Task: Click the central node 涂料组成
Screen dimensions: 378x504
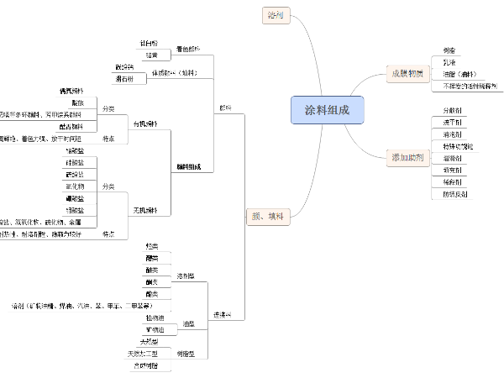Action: (x=328, y=110)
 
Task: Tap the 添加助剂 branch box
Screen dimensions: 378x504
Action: (x=407, y=157)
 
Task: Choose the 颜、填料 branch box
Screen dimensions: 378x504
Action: (x=267, y=215)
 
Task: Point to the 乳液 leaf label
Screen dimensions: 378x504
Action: (x=449, y=62)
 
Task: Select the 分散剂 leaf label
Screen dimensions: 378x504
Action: (x=451, y=111)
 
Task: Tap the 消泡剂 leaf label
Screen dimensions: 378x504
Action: (x=451, y=134)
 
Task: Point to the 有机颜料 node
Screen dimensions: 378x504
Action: (x=145, y=124)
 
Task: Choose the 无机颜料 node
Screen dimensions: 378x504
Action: (x=145, y=209)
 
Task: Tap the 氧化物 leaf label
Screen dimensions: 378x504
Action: (x=75, y=186)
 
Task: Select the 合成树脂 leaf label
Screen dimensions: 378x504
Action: (x=146, y=365)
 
